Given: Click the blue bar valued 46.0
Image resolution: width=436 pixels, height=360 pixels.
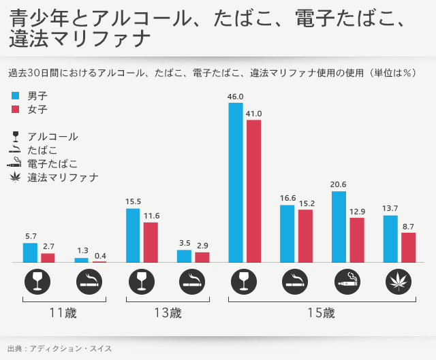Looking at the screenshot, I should coord(236,182).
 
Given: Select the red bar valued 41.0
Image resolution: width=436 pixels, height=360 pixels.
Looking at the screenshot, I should coord(253,191).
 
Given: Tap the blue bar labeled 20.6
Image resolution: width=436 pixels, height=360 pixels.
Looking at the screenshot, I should coord(339,227).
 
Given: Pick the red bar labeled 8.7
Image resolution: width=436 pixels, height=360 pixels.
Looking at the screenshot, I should coord(408,247).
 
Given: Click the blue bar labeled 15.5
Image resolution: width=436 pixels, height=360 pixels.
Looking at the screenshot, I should coord(134,235).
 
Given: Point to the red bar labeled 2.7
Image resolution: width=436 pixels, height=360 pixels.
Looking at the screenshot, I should coord(48,257).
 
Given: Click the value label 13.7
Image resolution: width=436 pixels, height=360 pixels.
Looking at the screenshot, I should coord(390,208).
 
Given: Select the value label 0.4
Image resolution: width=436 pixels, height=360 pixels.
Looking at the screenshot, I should coord(100,256).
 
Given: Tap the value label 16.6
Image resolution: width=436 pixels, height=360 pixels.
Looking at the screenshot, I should coord(287,198).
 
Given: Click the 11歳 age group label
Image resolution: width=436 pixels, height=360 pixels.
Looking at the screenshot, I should coord(63,314).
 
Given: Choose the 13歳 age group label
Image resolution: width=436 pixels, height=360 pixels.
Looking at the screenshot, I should coord(168,314).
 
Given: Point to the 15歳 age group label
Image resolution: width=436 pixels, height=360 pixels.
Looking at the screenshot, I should coord(321,314).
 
